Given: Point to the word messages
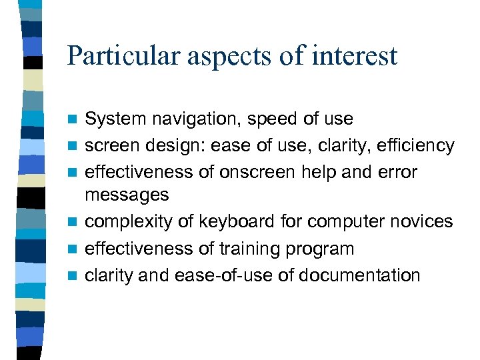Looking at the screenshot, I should click(x=127, y=195).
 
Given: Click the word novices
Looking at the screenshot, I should click(x=421, y=222).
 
